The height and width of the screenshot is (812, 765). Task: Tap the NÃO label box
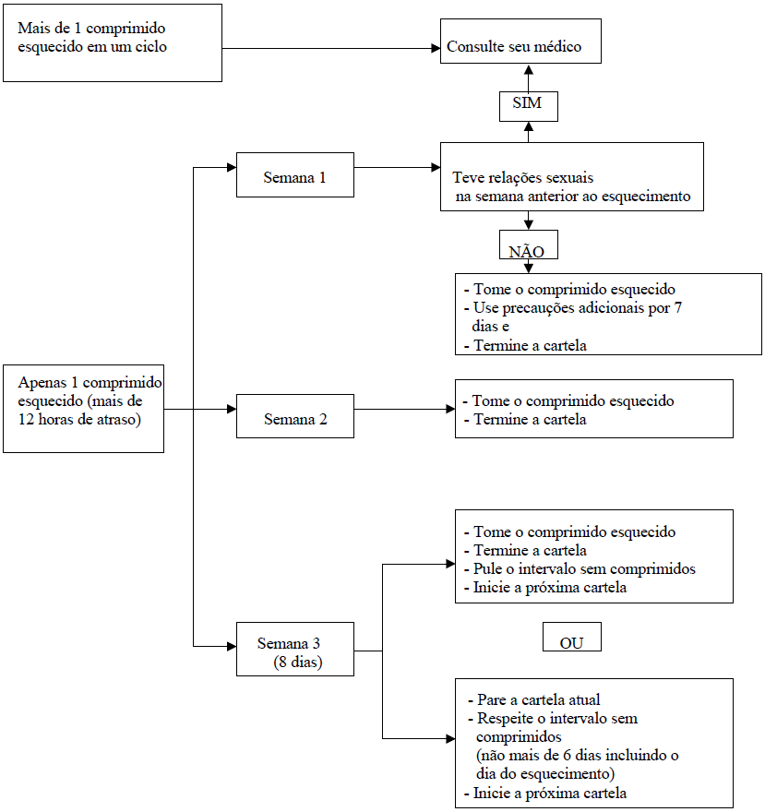click(x=528, y=249)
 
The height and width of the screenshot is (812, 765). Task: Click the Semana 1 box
click(x=294, y=175)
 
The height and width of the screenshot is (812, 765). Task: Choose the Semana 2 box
click(x=295, y=416)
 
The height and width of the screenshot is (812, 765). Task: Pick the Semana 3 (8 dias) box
click(x=294, y=650)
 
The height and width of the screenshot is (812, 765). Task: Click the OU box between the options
click(x=571, y=639)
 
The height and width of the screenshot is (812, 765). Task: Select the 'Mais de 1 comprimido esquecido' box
click(x=113, y=42)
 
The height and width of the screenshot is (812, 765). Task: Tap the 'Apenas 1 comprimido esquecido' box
click(x=83, y=407)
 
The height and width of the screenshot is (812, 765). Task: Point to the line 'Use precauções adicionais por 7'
click(x=577, y=308)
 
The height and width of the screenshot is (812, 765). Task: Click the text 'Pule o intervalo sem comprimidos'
click(x=584, y=569)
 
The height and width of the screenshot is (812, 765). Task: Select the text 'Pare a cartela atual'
click(x=539, y=699)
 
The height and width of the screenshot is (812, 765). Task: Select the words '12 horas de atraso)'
click(x=80, y=419)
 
